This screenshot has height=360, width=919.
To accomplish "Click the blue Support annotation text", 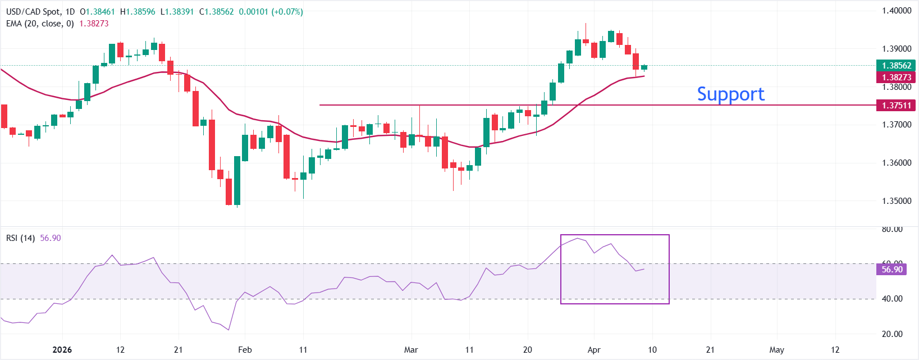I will click(x=730, y=94).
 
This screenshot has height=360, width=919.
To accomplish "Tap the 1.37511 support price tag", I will click(x=896, y=105).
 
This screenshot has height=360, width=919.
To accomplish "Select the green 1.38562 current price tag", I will click(x=896, y=66).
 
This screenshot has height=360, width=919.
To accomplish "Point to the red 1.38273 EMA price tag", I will click(x=896, y=78).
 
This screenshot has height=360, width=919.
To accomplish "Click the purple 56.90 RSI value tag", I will click(x=891, y=270).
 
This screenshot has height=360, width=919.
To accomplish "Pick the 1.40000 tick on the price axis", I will click(x=896, y=11).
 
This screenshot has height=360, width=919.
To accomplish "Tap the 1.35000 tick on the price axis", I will click(x=896, y=201).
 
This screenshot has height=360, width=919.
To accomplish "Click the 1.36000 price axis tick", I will click(x=896, y=163).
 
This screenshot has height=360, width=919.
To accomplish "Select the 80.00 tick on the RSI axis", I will click(x=892, y=229).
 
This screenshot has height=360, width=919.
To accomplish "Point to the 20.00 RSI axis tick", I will click(x=892, y=334).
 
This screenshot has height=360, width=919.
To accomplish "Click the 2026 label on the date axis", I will click(x=62, y=350).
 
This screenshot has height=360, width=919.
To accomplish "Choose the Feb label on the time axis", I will click(x=245, y=350).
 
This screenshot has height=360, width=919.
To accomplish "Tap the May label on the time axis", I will click(x=776, y=350).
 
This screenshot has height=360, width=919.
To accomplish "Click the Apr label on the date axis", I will click(x=594, y=350).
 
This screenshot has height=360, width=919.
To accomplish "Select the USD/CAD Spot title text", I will click(x=33, y=12).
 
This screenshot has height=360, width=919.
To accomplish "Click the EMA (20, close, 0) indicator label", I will click(x=40, y=24).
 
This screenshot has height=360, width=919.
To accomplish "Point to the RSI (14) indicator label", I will click(x=20, y=238).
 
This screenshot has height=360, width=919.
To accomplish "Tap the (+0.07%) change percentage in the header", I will click(x=287, y=12).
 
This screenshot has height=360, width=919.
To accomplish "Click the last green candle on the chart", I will click(x=644, y=67).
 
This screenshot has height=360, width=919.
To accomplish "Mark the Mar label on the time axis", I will click(x=411, y=350).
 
